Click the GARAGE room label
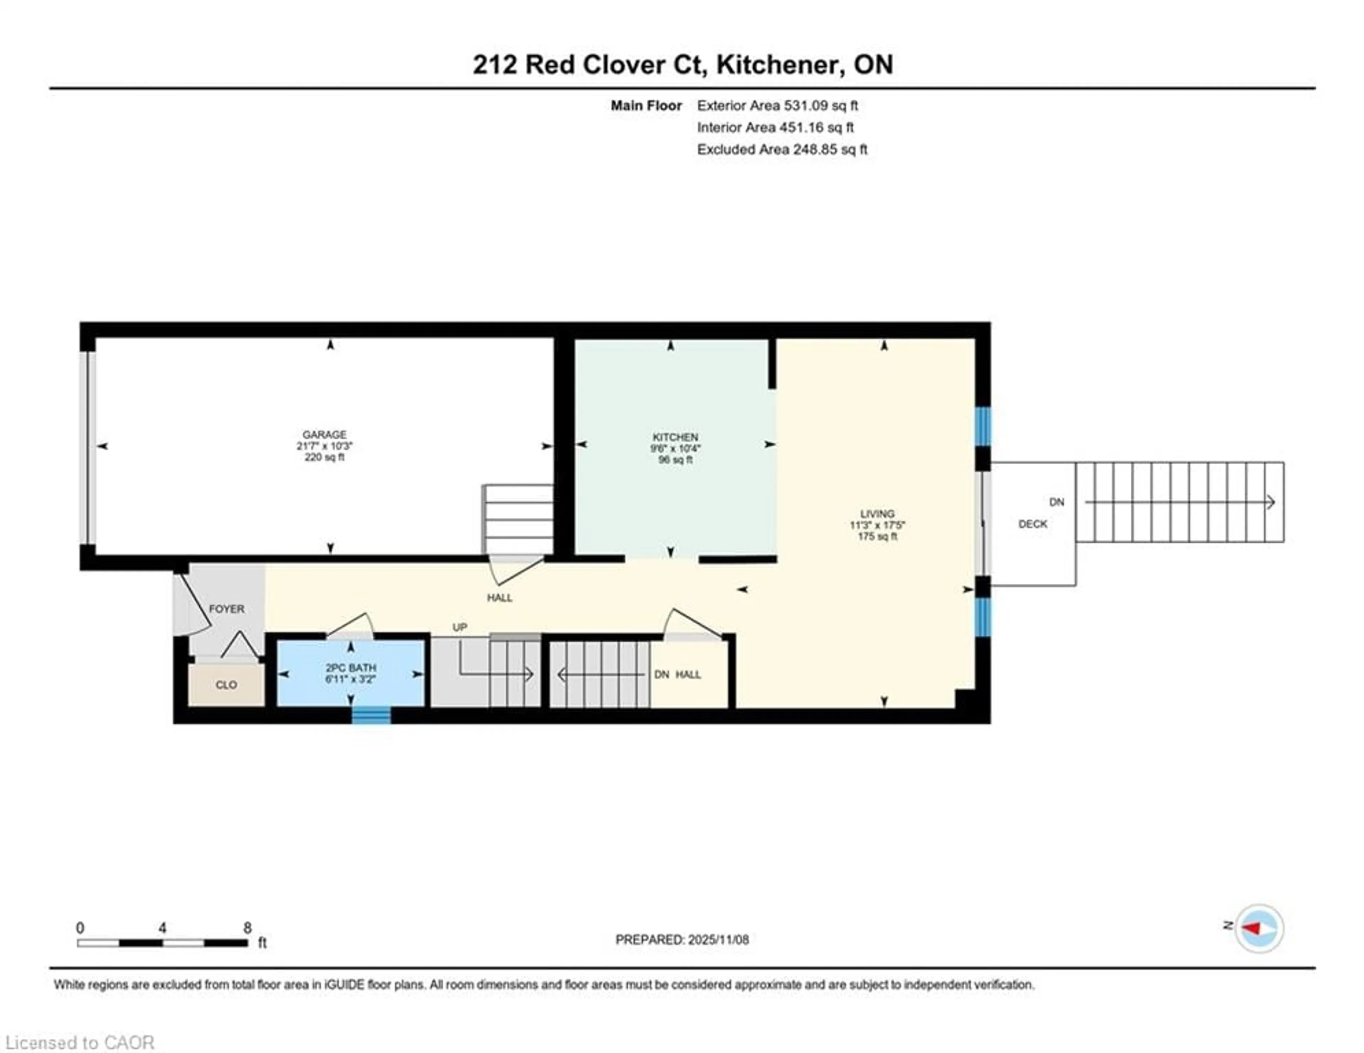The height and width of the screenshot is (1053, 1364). click(x=324, y=434)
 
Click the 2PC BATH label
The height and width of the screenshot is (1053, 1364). click(x=350, y=668)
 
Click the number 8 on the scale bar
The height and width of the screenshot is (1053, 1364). click(x=247, y=928)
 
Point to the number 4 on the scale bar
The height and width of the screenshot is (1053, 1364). click(x=162, y=928)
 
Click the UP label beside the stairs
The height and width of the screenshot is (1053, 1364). click(x=460, y=627)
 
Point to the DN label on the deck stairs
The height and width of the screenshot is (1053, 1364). click(x=1056, y=502)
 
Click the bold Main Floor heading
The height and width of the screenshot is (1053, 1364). click(x=646, y=106)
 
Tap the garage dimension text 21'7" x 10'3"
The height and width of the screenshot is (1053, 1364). click(x=324, y=446)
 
